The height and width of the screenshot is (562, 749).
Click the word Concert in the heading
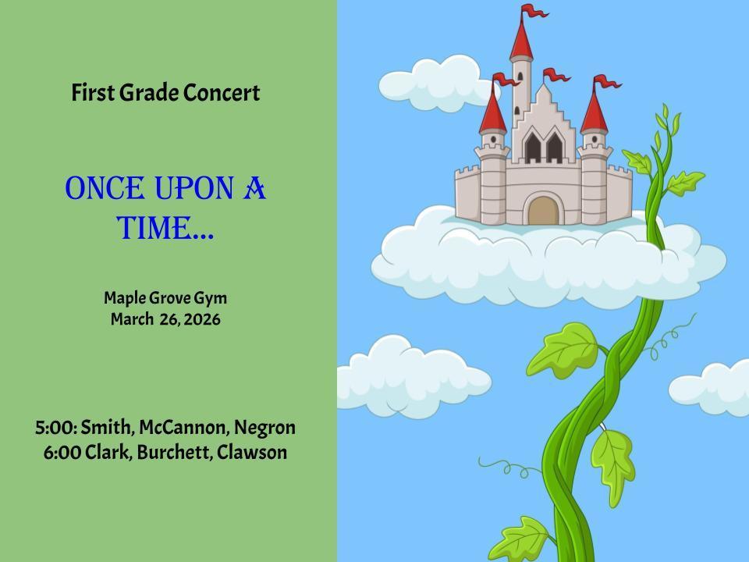(221, 93)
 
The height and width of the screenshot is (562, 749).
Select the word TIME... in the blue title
(165, 229)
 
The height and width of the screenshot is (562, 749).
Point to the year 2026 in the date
(202, 319)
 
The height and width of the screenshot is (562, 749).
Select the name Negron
(264, 428)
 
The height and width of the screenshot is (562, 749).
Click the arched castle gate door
(544, 211)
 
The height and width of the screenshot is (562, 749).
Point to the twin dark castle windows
(543, 146)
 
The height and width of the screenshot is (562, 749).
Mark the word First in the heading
(92, 93)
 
